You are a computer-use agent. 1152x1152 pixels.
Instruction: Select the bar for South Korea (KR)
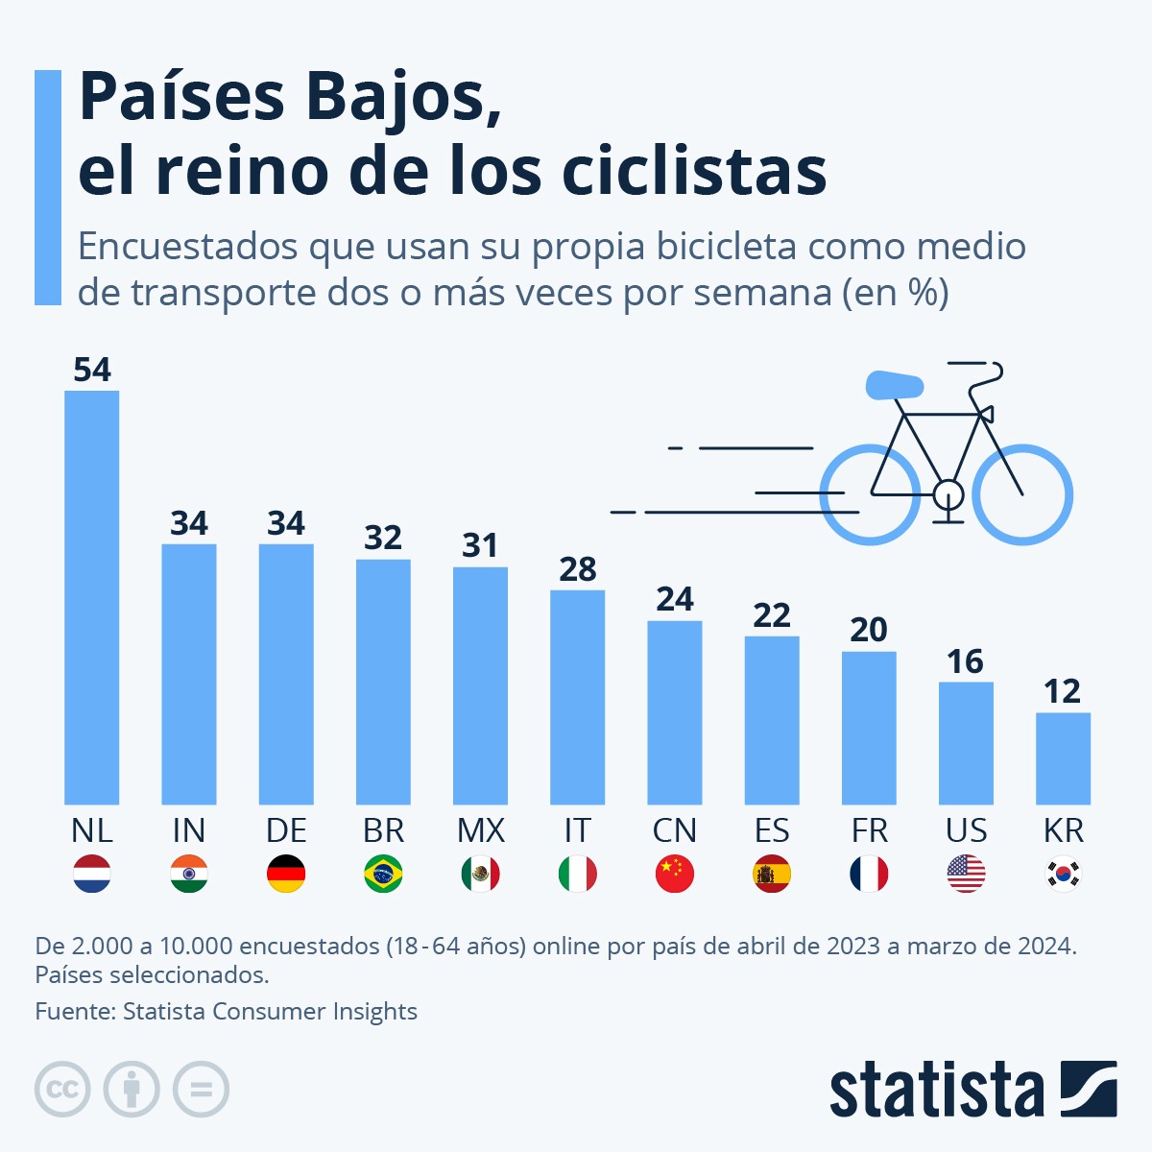[1063, 758]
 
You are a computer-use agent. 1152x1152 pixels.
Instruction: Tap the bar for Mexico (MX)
[480, 685]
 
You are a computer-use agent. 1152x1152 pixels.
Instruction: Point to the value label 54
[92, 370]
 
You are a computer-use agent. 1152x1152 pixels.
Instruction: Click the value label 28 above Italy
[577, 569]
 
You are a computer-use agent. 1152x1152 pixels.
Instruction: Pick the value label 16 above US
[965, 661]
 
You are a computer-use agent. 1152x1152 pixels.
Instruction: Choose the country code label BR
[383, 830]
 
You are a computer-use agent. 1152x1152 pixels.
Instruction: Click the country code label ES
[772, 830]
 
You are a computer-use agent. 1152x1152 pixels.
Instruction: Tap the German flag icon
[286, 874]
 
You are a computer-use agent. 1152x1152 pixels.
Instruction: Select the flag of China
[675, 874]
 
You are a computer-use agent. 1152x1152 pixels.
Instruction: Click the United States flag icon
[966, 874]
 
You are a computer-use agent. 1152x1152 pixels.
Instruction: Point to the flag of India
[189, 874]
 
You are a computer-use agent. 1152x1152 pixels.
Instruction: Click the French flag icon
[869, 874]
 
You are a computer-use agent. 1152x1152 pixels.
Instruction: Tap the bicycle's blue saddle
[894, 386]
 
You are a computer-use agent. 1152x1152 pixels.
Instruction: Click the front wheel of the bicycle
[1022, 495]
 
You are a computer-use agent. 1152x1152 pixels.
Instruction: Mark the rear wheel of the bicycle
[870, 495]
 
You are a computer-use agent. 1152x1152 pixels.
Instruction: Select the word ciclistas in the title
[693, 171]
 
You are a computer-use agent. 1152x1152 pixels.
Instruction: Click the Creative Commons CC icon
[62, 1090]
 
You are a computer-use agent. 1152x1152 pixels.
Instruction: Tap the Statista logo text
[936, 1091]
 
